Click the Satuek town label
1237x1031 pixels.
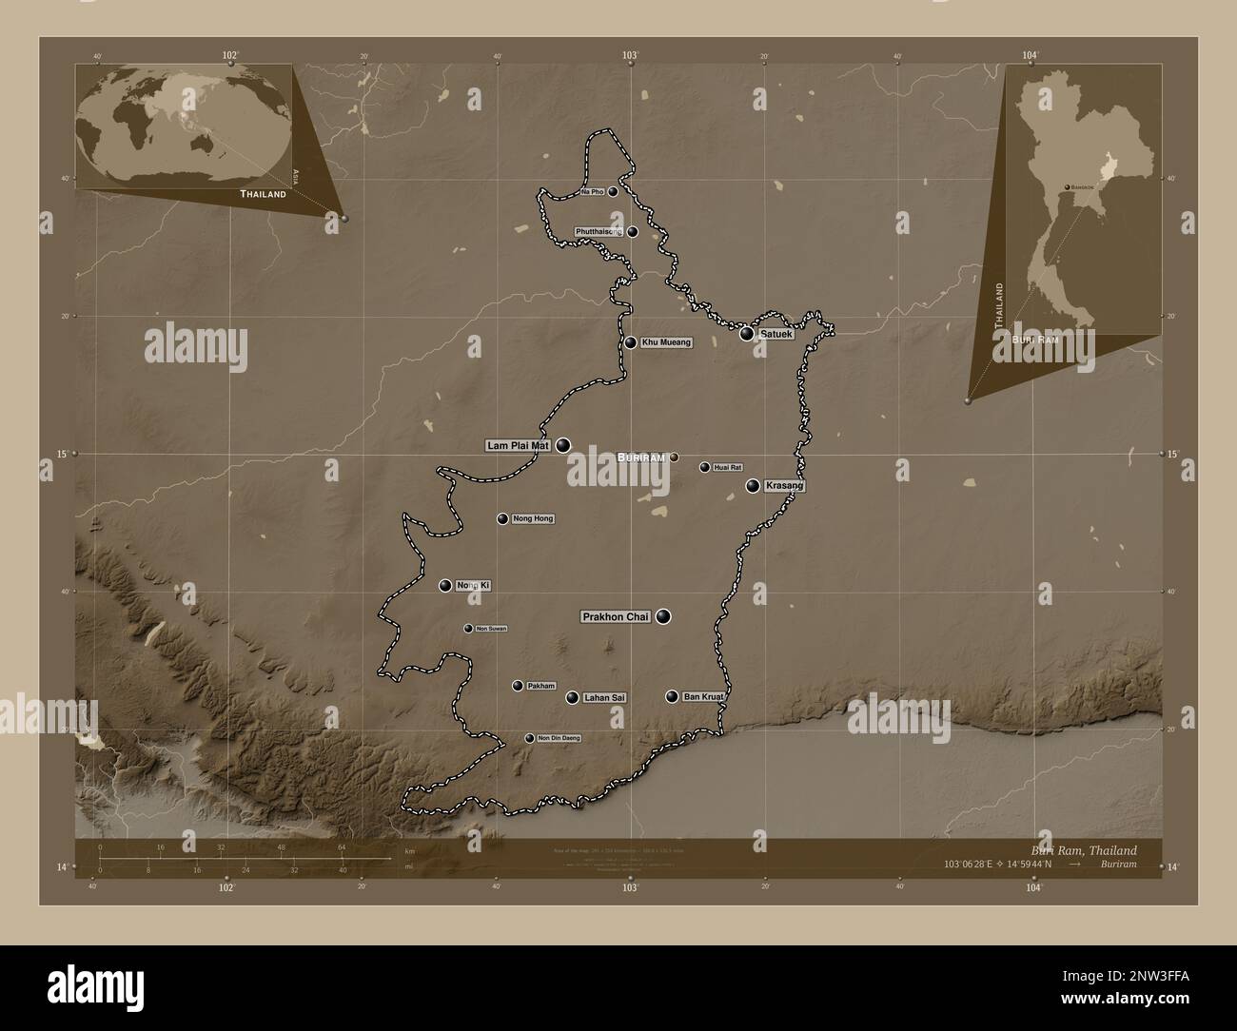coord(776,334)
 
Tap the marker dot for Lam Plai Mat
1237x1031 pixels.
coord(563,444)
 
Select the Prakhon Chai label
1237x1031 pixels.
coord(616,617)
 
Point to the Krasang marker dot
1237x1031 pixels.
coord(753,486)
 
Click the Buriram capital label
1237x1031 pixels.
coord(639,457)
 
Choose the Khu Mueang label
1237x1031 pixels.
coord(666,342)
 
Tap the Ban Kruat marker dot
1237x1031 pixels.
coord(672,697)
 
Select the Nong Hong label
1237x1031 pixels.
coord(533,518)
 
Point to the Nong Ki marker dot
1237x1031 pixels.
coord(444,585)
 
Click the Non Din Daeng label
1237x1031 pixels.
coord(559,738)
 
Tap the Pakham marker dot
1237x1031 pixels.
coord(518,686)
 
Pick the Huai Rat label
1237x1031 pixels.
coord(727,467)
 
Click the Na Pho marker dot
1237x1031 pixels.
coord(613,191)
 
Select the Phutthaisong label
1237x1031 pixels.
coord(599,232)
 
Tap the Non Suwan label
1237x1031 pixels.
coord(491,629)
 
